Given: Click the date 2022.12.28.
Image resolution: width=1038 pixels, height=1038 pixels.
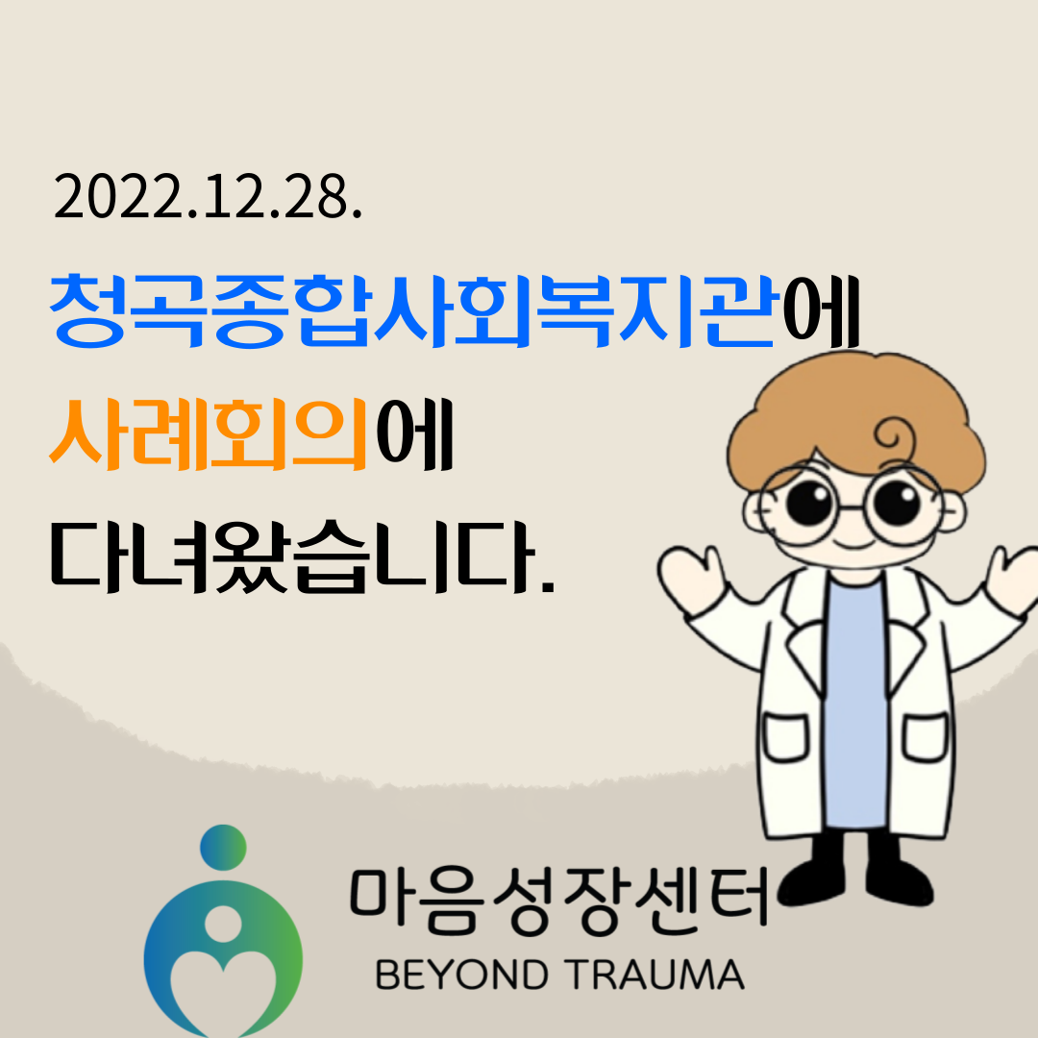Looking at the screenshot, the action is [x=208, y=197].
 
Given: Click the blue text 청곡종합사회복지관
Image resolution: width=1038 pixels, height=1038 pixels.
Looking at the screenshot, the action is [x=412, y=310].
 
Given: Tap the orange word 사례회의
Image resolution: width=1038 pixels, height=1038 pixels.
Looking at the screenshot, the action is [x=209, y=434].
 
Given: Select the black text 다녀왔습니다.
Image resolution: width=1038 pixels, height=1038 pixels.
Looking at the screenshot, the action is [x=301, y=556].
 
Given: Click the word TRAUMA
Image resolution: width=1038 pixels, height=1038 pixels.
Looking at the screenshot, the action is [x=655, y=976].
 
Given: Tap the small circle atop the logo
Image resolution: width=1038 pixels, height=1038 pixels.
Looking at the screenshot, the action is [x=223, y=848].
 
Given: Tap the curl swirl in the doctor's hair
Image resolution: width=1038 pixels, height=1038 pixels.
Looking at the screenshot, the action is [x=896, y=437].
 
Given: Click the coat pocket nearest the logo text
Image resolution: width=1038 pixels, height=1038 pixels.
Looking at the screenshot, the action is [x=786, y=737].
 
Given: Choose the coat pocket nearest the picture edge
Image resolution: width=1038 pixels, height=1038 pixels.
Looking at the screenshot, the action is [x=926, y=737].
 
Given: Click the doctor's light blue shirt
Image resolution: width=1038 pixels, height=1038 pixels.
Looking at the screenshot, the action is [x=855, y=703].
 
